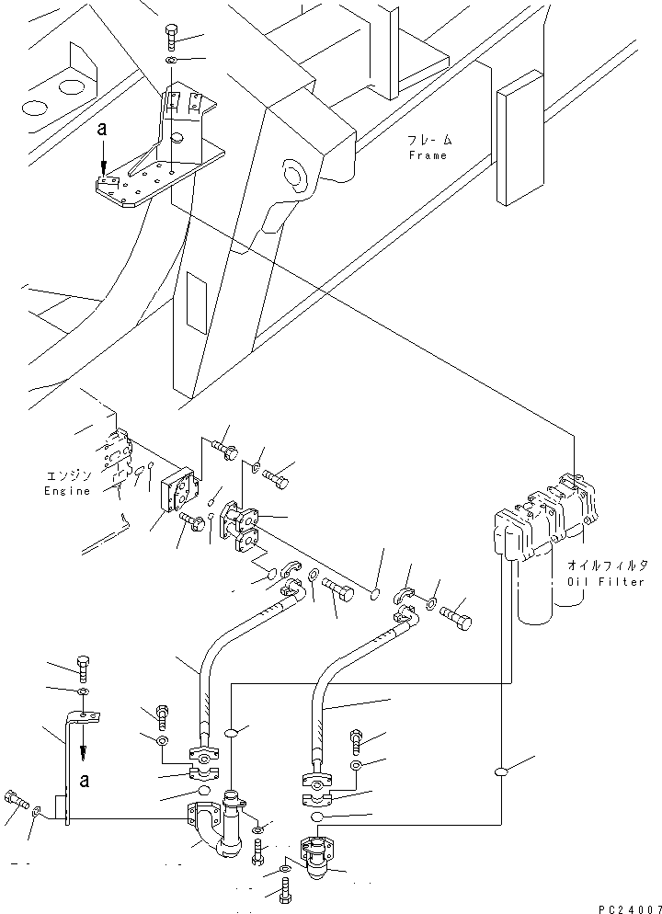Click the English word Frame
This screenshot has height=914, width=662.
[428, 155]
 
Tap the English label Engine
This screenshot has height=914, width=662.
[68, 490]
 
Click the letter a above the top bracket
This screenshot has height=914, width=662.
[104, 133]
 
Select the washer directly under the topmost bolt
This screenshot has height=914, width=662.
[173, 60]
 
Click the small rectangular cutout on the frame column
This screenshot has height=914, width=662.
[197, 301]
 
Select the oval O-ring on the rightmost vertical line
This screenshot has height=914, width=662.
[503, 773]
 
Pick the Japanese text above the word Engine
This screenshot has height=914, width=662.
[68, 476]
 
